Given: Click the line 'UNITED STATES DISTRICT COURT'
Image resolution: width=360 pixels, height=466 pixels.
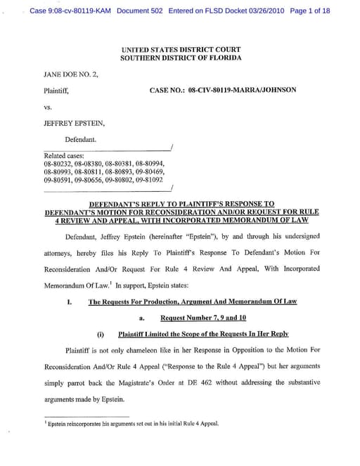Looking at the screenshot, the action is [180, 50].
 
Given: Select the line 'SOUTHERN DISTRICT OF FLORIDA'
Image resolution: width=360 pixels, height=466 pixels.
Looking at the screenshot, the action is [180, 58].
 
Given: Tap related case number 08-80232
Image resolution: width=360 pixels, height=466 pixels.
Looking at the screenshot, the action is [58, 163].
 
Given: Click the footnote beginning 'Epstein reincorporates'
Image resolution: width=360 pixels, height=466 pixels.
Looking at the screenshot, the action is [131, 424].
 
